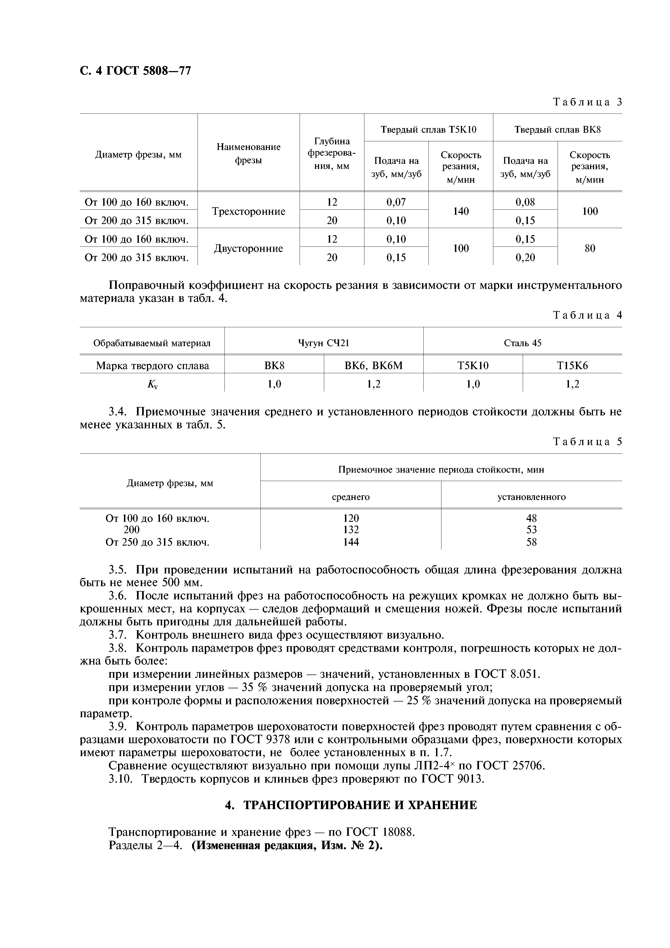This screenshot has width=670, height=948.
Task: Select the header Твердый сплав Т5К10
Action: pyautogui.click(x=428, y=130)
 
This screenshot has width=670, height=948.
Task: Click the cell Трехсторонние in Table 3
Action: pyautogui.click(x=249, y=211)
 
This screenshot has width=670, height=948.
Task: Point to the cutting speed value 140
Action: pyautogui.click(x=461, y=211)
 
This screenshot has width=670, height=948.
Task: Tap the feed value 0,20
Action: pyautogui.click(x=525, y=258)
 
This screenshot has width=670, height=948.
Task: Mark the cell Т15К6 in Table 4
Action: pyautogui.click(x=572, y=365)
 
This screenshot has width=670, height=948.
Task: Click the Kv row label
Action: pyautogui.click(x=152, y=384)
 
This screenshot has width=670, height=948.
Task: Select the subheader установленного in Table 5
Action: pyautogui.click(x=531, y=497)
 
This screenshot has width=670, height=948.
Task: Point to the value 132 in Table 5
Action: pyautogui.click(x=351, y=530)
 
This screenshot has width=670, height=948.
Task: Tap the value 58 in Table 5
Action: pyautogui.click(x=531, y=542)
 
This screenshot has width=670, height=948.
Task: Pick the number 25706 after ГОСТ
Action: pyautogui.click(x=528, y=766)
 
